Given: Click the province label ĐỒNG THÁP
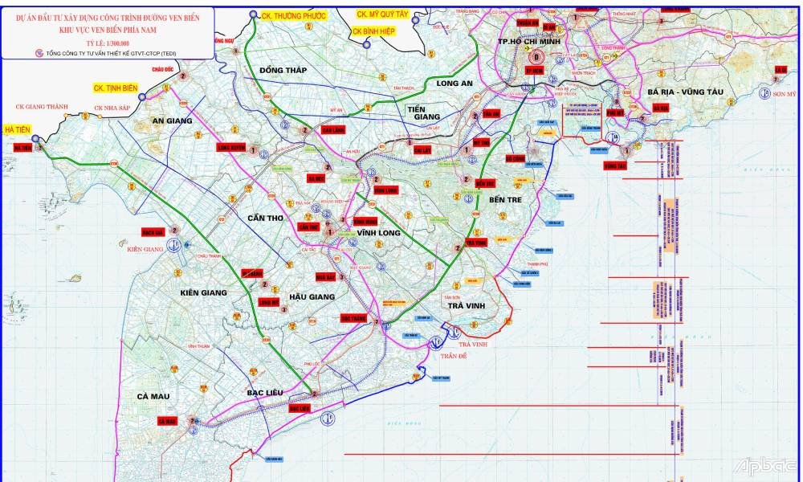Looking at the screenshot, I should tap(283, 70).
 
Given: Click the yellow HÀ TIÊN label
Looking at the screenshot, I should tap(18, 129).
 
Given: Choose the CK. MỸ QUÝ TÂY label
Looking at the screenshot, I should tap(383, 14).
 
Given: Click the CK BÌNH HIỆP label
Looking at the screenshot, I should tap(376, 31).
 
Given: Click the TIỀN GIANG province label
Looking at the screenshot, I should tap(426, 112).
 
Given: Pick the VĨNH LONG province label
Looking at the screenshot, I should tap(378, 233).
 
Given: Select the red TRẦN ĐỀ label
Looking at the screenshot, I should tap(454, 355).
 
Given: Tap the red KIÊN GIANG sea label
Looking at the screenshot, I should tap(145, 249).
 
